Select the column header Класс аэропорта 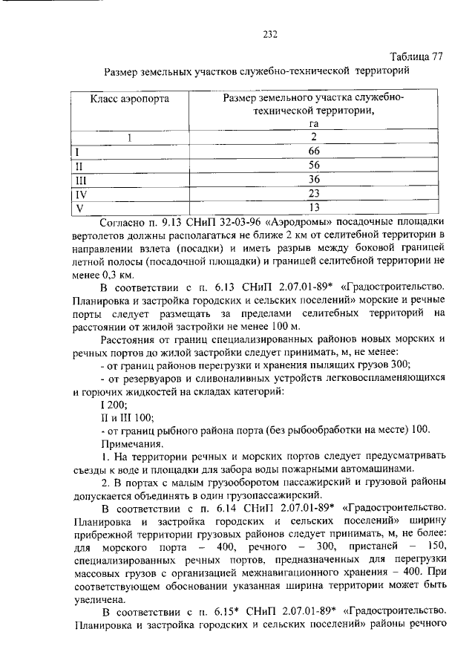(130, 98)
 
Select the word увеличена (100, 599)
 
